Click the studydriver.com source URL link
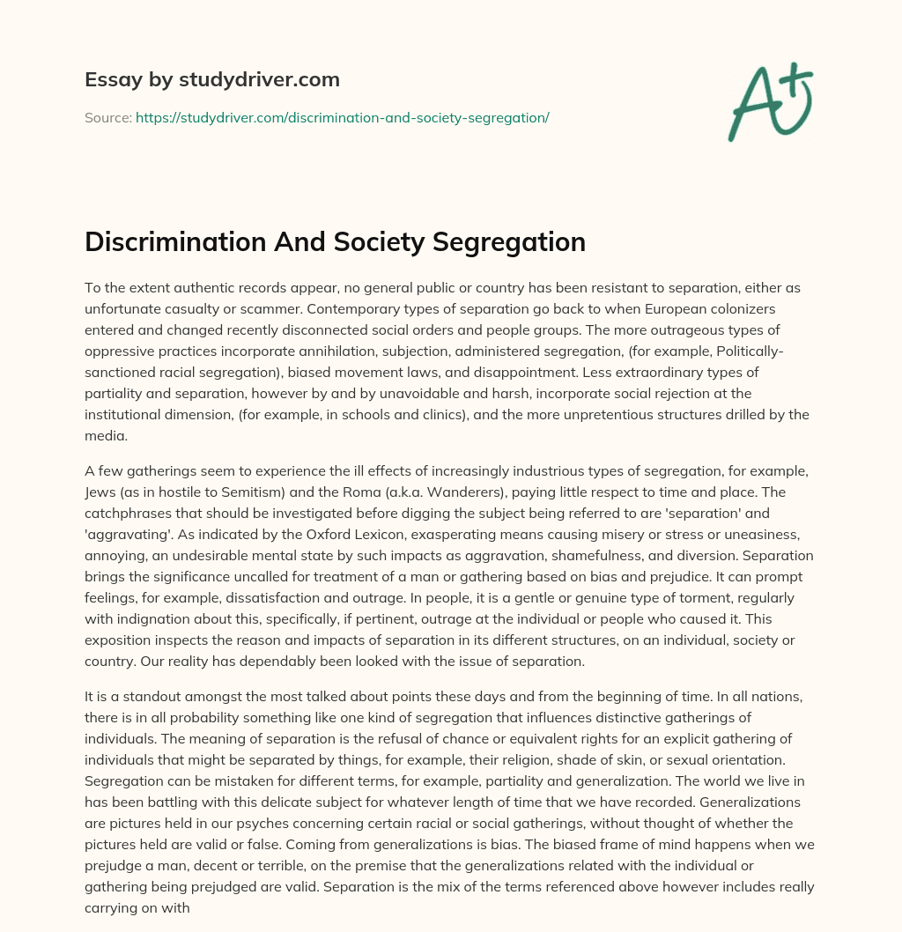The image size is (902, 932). [x=342, y=117]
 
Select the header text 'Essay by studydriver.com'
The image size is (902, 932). [x=212, y=80]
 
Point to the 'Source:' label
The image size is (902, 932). [x=108, y=117]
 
